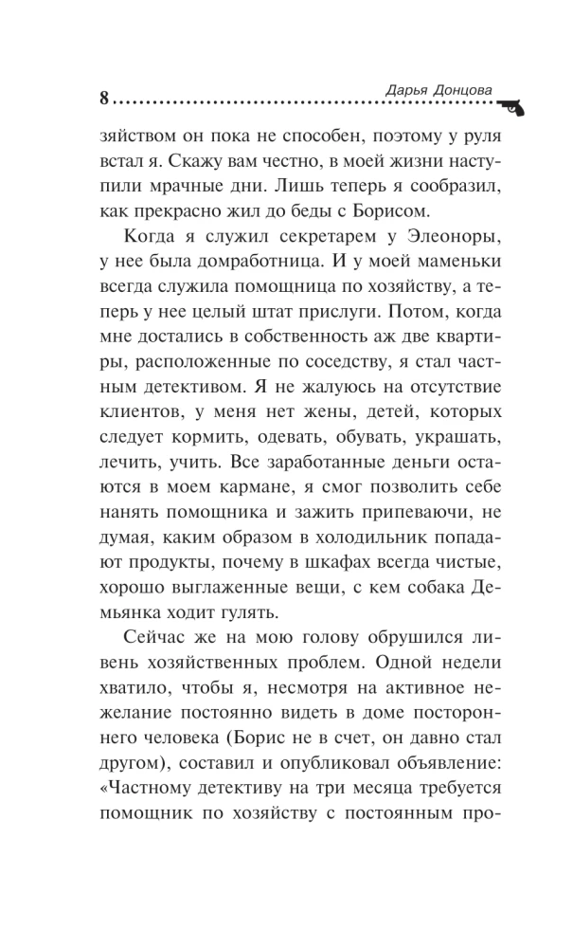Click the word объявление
coord(435,757)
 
